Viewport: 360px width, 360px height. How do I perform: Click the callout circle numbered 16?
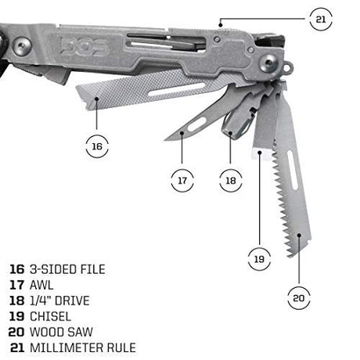coord(96,146)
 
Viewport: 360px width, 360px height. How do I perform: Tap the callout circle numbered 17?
coord(182,181)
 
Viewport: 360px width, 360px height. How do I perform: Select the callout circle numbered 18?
coord(229,181)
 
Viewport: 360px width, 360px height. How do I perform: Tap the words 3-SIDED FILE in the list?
coord(66,269)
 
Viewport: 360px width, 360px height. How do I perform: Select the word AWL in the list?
coord(41,285)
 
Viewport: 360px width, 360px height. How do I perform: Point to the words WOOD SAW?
coord(59,332)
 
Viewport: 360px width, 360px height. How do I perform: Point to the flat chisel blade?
coord(265,125)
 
